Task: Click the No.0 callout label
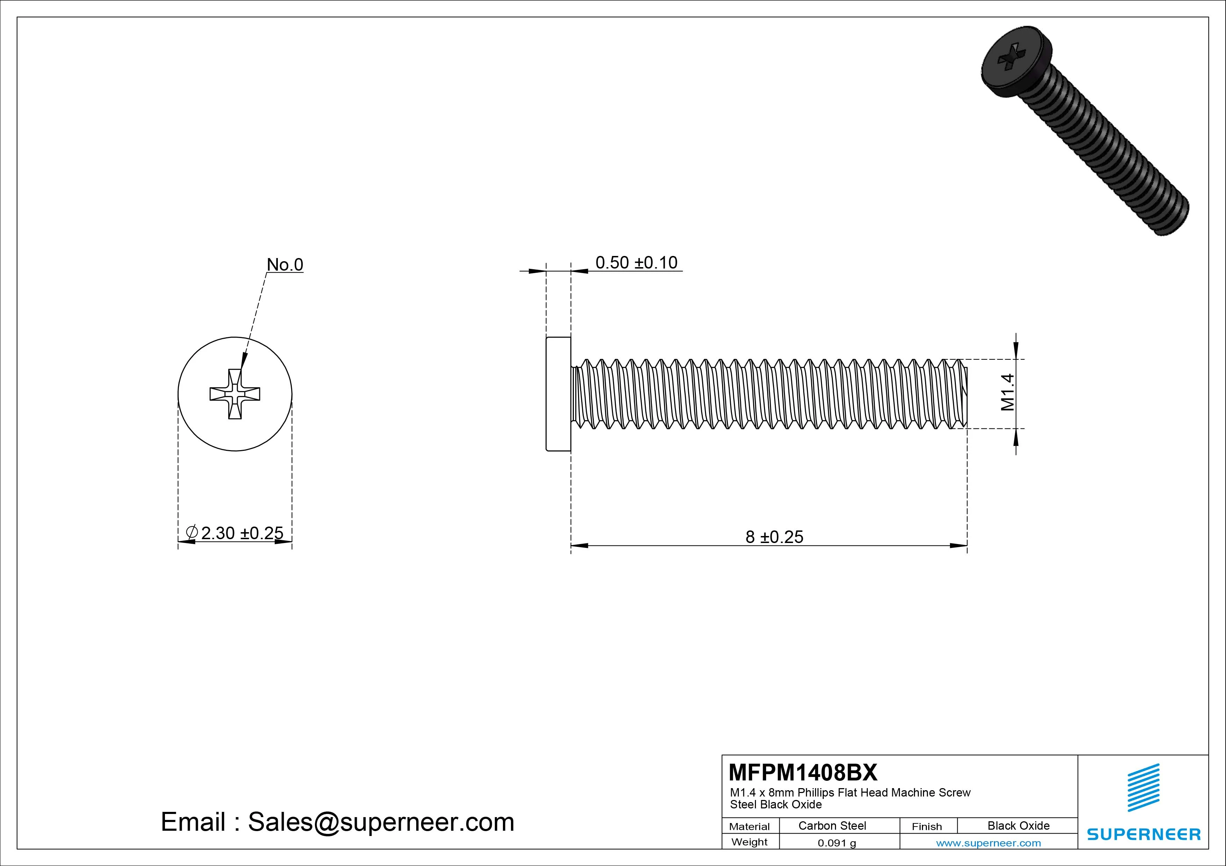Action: pos(284,265)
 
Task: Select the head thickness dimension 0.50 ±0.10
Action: pos(636,263)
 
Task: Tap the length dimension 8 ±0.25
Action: pos(774,537)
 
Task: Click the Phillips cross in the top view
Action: pos(235,394)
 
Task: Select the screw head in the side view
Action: pos(558,394)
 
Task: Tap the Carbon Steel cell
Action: pos(832,825)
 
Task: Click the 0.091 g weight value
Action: pos(837,843)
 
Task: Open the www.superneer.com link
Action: pos(988,843)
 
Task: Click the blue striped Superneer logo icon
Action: pos(1143,787)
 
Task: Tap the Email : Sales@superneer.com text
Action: pos(338,822)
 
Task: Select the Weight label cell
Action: pos(749,842)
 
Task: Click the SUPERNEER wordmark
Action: pos(1143,834)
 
